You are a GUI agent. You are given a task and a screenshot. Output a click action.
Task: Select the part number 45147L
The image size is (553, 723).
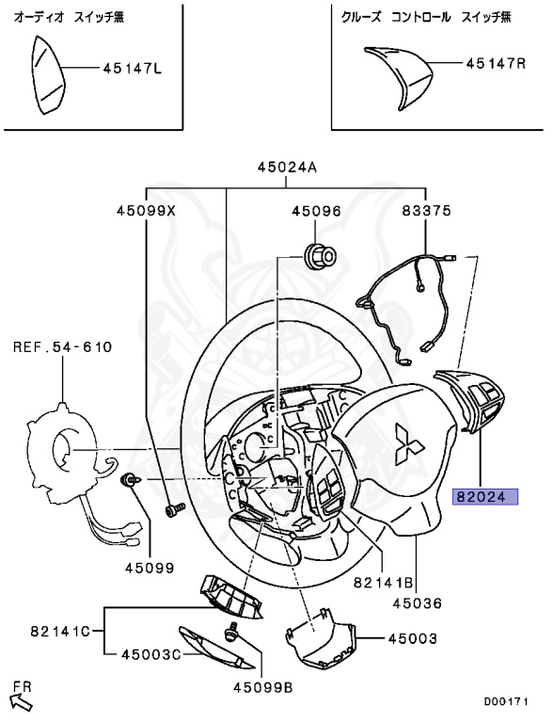coord(132,69)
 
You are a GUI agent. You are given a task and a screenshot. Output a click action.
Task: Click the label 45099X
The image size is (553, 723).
coord(146,212)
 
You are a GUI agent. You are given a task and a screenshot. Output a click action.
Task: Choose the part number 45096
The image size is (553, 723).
coord(315,212)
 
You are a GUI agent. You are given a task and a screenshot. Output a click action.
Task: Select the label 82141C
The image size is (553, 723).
coord(59,631)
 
